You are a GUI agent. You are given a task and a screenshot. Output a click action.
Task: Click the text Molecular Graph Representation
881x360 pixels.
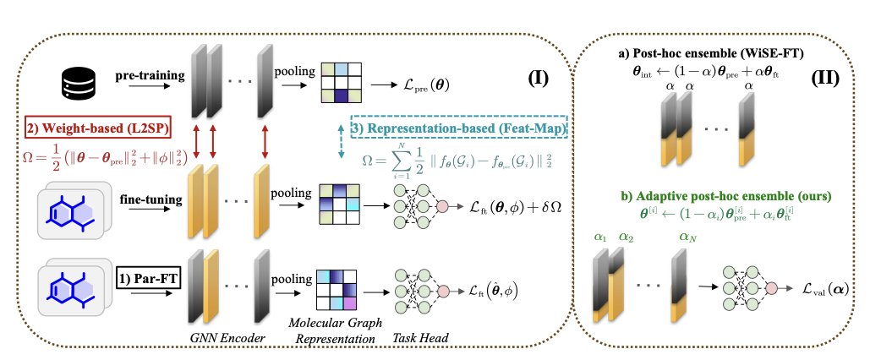click(x=342, y=331)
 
